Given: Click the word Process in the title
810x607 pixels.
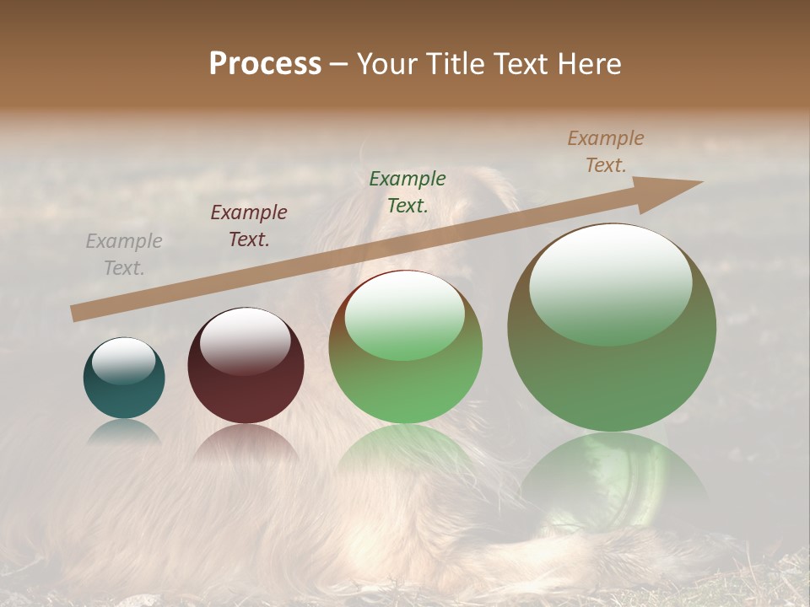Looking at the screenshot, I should click(x=265, y=64).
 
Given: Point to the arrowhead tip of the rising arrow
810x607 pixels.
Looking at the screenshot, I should click(x=701, y=182).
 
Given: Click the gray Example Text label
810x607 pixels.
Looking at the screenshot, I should click(x=124, y=255).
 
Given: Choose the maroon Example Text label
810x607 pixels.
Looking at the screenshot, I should click(x=249, y=226).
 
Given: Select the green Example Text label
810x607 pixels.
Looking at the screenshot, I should click(x=408, y=192).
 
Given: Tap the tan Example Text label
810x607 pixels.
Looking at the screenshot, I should click(x=606, y=152).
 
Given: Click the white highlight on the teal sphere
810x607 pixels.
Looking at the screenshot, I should click(x=123, y=361).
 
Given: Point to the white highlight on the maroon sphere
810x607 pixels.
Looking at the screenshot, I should click(x=245, y=339).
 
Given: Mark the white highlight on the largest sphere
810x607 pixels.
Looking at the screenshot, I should click(x=610, y=282).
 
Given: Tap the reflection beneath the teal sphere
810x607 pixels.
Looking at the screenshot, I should click(x=124, y=432).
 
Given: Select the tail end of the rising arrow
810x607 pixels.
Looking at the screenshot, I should click(x=76, y=314).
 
